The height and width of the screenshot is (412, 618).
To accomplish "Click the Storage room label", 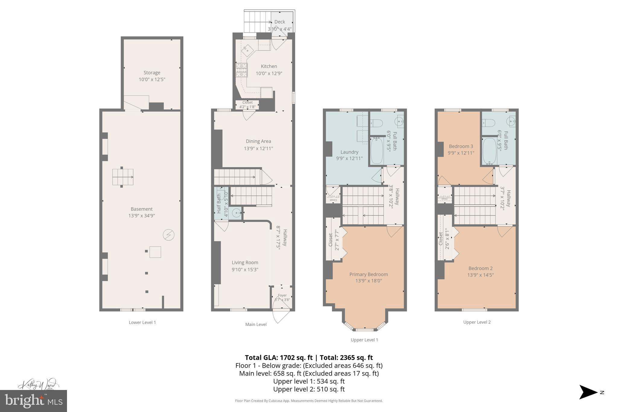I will click(x=152, y=73).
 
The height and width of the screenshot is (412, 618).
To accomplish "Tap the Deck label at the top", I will click(x=279, y=22).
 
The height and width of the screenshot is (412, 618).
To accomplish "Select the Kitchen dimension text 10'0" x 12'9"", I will click(x=269, y=73).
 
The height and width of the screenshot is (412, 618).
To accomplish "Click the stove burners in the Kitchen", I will click(x=241, y=70).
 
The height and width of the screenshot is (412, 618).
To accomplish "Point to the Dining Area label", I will click(x=258, y=141).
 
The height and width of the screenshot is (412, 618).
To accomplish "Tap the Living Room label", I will click(x=245, y=263).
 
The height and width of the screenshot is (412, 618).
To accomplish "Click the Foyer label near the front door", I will click(x=282, y=295).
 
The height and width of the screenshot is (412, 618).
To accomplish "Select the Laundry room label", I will click(x=349, y=152).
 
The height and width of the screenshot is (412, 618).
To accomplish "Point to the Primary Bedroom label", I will click(x=368, y=274).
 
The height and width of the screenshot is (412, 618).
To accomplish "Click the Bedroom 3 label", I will click(x=461, y=146).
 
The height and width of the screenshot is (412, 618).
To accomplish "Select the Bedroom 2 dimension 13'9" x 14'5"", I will click(x=480, y=275).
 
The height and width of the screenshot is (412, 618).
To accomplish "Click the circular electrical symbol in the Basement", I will click(x=169, y=235).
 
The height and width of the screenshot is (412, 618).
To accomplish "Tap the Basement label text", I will click(x=142, y=209).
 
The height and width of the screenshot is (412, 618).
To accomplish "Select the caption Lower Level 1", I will click(x=142, y=322).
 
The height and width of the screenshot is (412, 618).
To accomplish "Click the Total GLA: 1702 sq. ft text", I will click(x=278, y=358).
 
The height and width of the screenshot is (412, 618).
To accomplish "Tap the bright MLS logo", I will click(x=33, y=401).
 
